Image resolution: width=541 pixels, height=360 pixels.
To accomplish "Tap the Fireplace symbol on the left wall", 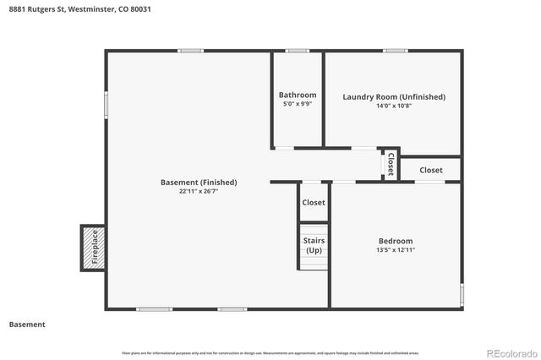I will pyautogui.click(x=93, y=247).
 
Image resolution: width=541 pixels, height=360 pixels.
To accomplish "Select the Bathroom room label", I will pyautogui.click(x=298, y=95).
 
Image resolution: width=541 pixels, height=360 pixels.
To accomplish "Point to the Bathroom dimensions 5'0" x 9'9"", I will pyautogui.click(x=298, y=104).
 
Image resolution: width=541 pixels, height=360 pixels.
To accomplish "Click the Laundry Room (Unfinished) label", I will pyautogui.click(x=393, y=96).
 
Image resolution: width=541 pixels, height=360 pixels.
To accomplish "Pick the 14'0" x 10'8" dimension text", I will pyautogui.click(x=393, y=106).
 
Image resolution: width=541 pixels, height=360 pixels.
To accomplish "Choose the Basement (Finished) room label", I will pyautogui.click(x=199, y=182).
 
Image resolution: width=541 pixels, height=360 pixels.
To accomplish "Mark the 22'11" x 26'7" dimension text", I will pyautogui.click(x=199, y=191).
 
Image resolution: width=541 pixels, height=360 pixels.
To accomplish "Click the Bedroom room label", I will pyautogui.click(x=395, y=241).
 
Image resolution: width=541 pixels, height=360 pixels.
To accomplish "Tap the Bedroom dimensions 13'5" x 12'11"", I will pyautogui.click(x=395, y=250).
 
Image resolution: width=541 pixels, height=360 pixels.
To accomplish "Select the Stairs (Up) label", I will pyautogui.click(x=314, y=246).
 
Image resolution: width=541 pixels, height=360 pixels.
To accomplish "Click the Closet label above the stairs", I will pyautogui.click(x=314, y=203).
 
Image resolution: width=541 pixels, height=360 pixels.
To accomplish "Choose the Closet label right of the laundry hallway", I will pyautogui.click(x=430, y=170).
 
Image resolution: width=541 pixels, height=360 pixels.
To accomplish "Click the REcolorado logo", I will pyautogui.click(x=510, y=352).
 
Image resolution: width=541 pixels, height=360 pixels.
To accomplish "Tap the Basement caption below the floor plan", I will pyautogui.click(x=27, y=325).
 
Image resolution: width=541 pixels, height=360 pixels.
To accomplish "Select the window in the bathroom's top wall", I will pyautogui.click(x=297, y=51).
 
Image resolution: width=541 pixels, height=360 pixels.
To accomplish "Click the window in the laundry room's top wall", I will pyautogui.click(x=395, y=51).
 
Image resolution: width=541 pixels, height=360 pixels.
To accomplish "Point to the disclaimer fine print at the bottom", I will pyautogui.click(x=270, y=352).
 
